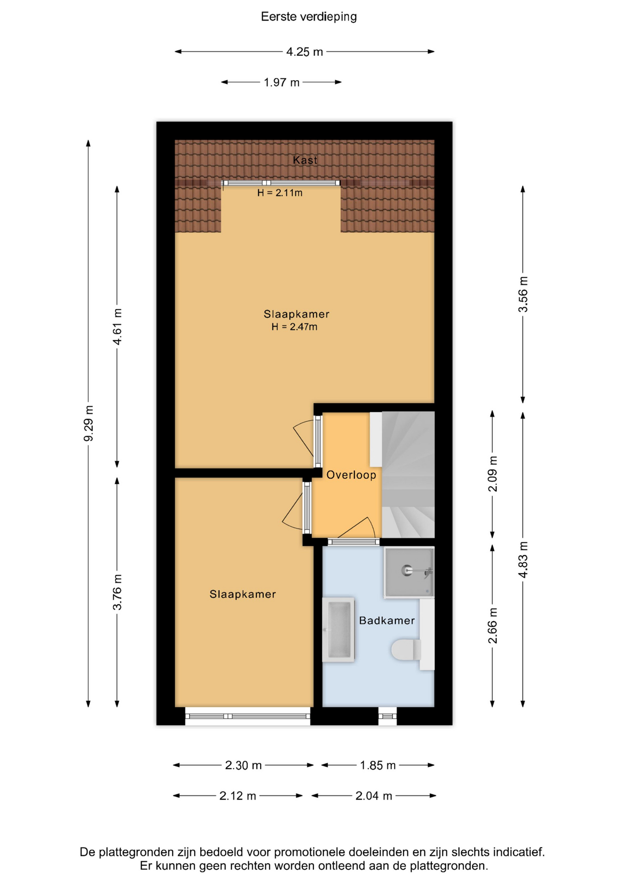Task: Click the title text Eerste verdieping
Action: coord(309,17)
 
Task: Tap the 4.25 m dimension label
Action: coord(305,52)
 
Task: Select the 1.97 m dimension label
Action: coord(282,83)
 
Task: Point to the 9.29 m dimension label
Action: coord(88,423)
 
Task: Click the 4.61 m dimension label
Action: coord(117,327)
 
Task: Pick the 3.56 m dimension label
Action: coord(523,295)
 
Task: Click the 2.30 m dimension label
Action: coord(243,765)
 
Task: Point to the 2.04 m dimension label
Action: coord(374,796)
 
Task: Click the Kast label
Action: coord(305,160)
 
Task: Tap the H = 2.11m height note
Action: coord(280,193)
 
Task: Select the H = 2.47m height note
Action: coord(295,327)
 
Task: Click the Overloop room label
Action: coord(351,475)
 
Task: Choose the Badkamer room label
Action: coord(387,621)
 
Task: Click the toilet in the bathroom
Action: coord(406,650)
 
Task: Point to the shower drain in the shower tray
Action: coord(407,571)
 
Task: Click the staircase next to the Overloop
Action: coord(408,475)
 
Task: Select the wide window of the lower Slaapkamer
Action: coord(248,716)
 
